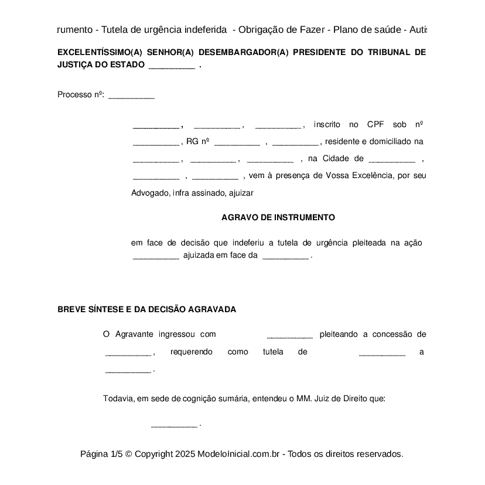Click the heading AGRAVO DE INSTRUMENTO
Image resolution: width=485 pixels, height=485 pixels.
pyautogui.click(x=278, y=217)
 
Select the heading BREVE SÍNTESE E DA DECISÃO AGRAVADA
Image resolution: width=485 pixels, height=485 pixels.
pyautogui.click(x=146, y=309)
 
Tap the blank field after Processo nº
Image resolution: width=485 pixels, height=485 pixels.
pyautogui.click(x=131, y=95)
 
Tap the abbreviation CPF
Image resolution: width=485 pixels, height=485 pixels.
pyautogui.click(x=375, y=124)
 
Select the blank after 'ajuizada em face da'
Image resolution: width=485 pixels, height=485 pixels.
pyautogui.click(x=285, y=256)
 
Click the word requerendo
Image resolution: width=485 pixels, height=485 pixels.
pyautogui.click(x=191, y=351)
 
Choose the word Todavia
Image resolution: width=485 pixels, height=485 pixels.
pyautogui.click(x=119, y=398)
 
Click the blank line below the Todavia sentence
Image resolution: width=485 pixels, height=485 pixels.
pyautogui.click(x=174, y=425)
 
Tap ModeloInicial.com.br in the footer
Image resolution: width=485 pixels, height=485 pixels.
pyautogui.click(x=240, y=454)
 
